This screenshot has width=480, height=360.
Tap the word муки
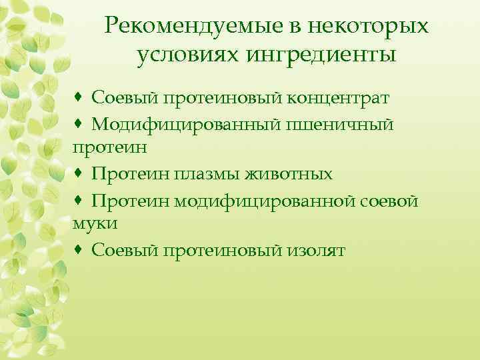pos(95,223)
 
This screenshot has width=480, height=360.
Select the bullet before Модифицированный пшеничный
pos(79,123)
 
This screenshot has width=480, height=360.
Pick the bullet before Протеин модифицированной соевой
pos(79,200)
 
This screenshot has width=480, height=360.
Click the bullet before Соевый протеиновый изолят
pos(79,250)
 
